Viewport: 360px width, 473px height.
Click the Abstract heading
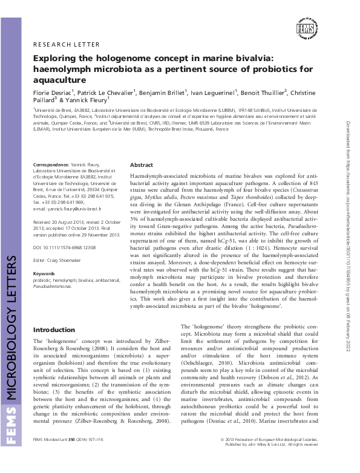point(142,165)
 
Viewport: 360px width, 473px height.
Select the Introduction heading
point(54,330)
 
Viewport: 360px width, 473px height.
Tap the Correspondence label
point(51,165)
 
